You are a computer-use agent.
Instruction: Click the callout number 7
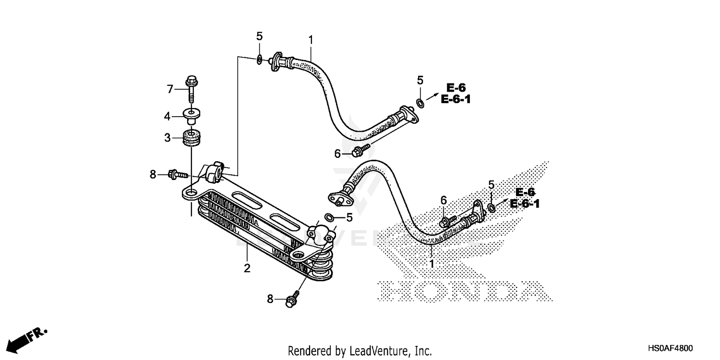pyautogui.click(x=169, y=89)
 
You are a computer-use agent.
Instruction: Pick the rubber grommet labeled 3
pyautogui.click(x=192, y=137)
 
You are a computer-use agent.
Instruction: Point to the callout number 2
pyautogui.click(x=247, y=268)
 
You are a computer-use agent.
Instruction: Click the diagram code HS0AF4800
pyautogui.click(x=671, y=348)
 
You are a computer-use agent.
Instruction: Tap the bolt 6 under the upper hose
pyautogui.click(x=359, y=152)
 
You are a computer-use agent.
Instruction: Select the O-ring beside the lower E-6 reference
pyautogui.click(x=492, y=207)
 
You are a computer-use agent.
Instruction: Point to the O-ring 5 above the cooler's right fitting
pyautogui.click(x=329, y=217)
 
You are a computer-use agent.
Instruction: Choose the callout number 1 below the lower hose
pyautogui.click(x=431, y=264)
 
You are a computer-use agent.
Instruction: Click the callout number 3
pyautogui.click(x=168, y=138)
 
